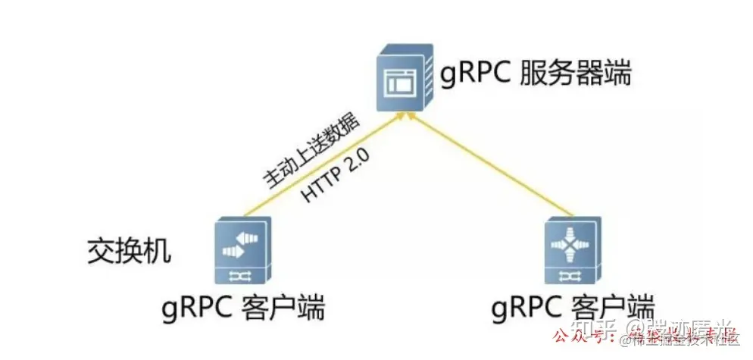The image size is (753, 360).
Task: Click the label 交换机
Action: click(x=128, y=252)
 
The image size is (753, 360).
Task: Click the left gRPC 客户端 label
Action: click(x=242, y=308)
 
